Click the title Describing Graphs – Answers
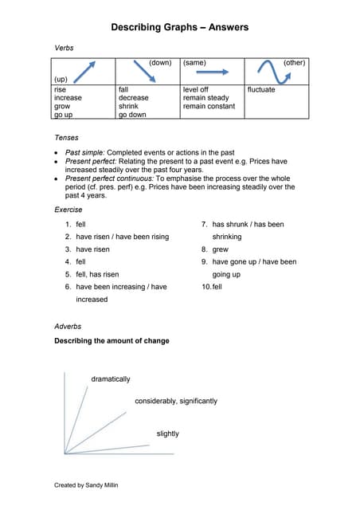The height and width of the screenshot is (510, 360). pyautogui.click(x=179, y=27)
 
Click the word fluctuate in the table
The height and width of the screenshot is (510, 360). pyautogui.click(x=261, y=90)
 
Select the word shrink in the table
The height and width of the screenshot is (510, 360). pyautogui.click(x=128, y=106)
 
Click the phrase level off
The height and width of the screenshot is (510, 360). pyautogui.click(x=196, y=90)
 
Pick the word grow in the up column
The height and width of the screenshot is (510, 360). pyautogui.click(x=62, y=106)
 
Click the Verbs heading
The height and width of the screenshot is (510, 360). pyautogui.click(x=64, y=49)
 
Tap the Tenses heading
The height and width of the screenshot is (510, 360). pyautogui.click(x=67, y=137)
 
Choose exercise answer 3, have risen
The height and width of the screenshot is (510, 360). pyautogui.click(x=92, y=249)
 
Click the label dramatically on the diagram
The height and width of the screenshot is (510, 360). pyautogui.click(x=111, y=379)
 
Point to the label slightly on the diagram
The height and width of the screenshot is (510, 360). pyautogui.click(x=168, y=433)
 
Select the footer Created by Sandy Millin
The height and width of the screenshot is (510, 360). pyautogui.click(x=86, y=484)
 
